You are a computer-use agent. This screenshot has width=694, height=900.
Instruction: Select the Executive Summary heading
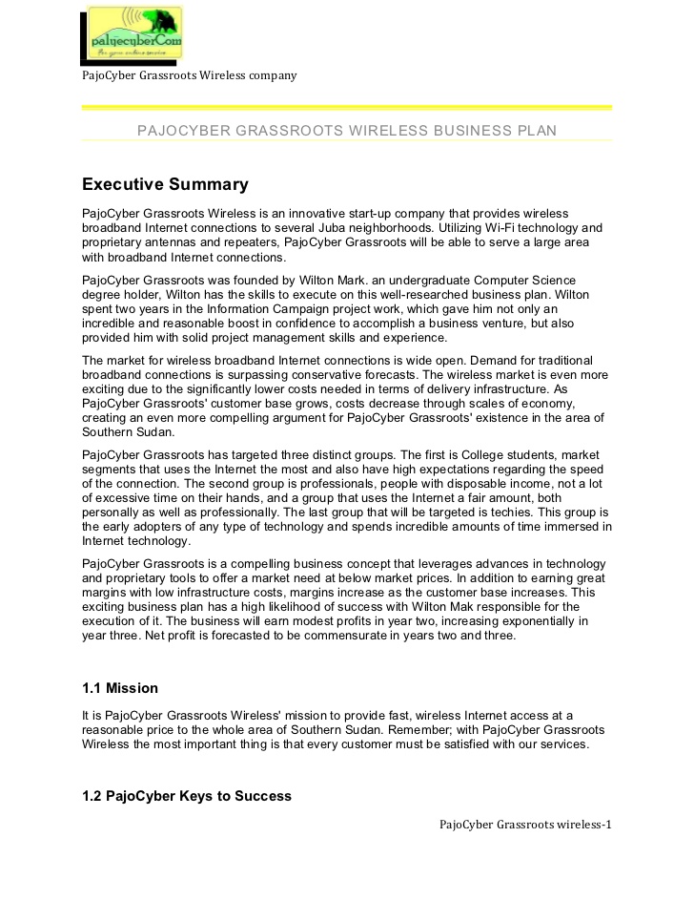(x=165, y=184)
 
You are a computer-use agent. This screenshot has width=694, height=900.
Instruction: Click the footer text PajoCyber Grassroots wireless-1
(x=524, y=825)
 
